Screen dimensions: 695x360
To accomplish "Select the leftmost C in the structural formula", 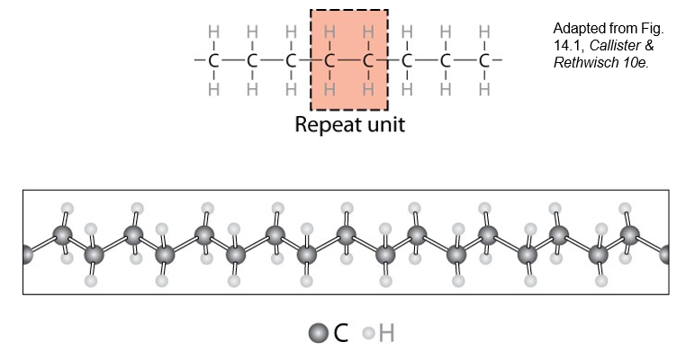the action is point(213,61).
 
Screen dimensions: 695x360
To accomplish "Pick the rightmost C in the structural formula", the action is point(484,61).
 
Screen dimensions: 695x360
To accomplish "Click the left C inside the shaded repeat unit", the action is point(329,61).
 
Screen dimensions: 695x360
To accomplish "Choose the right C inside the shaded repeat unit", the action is point(368,61).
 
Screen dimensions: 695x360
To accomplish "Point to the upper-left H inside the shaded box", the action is point(329,32).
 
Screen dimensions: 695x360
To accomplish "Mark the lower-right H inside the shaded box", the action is point(368,90).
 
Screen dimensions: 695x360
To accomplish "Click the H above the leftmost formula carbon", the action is point(213,32).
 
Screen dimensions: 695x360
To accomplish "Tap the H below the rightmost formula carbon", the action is point(484,90).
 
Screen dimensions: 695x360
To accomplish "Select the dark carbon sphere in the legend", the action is point(318,334).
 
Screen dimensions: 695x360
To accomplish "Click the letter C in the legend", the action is point(340,334).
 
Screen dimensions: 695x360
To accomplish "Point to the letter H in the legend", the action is point(386,334).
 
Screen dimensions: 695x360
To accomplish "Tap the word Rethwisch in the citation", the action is point(585,62).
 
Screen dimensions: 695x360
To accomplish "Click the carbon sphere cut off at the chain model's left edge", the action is point(27,254).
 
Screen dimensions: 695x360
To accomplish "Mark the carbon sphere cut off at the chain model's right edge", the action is point(665,254).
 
